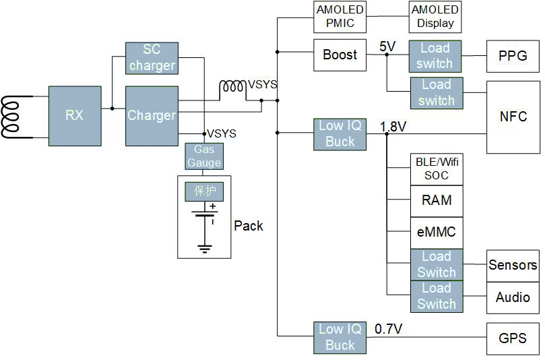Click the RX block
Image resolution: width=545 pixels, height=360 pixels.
pyautogui.click(x=75, y=115)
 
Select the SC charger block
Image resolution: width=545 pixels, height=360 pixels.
pyautogui.click(x=152, y=58)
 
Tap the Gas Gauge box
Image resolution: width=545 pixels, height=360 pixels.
pyautogui.click(x=204, y=156)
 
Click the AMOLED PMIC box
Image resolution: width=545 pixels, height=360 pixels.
pyautogui.click(x=340, y=17)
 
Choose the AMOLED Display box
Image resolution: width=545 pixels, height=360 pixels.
pyautogui.click(x=435, y=17)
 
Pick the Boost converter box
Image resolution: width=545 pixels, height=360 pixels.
pyautogui.click(x=340, y=55)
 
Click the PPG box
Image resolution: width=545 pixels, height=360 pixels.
pyautogui.click(x=513, y=56)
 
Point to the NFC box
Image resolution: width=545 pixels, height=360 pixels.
pyautogui.click(x=513, y=116)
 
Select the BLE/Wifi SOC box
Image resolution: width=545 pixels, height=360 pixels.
pyautogui.click(x=437, y=169)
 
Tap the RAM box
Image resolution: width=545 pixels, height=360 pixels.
pyautogui.click(x=437, y=200)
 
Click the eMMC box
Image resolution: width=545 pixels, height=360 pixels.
pyautogui.click(x=437, y=233)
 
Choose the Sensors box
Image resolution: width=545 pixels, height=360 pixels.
pyautogui.click(x=513, y=265)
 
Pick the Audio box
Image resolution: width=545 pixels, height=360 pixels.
pyautogui.click(x=513, y=297)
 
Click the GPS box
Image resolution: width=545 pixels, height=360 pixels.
pyautogui.click(x=513, y=338)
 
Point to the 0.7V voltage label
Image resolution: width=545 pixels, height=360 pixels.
pyautogui.click(x=389, y=329)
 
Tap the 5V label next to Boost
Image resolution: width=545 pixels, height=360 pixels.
pyautogui.click(x=387, y=46)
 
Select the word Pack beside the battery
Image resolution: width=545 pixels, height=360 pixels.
pyautogui.click(x=249, y=226)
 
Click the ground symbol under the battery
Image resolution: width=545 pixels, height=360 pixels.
pyautogui.click(x=205, y=249)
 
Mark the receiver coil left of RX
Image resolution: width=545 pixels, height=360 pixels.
pyautogui.click(x=15, y=116)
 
